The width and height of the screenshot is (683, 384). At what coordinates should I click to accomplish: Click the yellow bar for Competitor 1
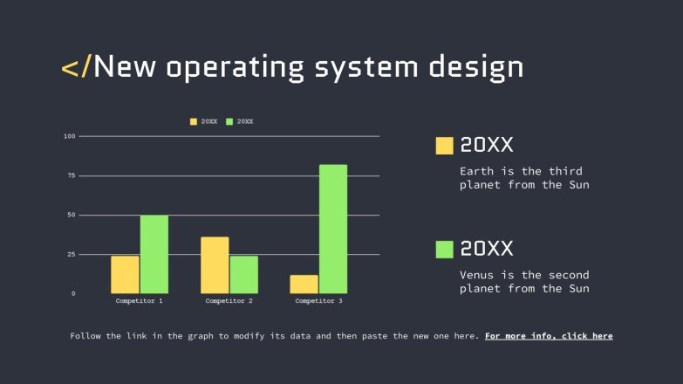125,274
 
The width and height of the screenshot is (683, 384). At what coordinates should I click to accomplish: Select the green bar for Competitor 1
154,254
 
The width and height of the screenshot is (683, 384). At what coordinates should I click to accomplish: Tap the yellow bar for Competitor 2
215,265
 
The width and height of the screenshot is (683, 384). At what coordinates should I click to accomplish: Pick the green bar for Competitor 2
244,274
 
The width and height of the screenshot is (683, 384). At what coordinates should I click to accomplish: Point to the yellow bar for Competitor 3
304,284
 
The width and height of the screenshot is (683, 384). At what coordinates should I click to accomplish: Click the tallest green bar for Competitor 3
333,229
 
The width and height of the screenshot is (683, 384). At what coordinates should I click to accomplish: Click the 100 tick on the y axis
70,136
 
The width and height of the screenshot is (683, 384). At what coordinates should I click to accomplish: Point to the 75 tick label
72,175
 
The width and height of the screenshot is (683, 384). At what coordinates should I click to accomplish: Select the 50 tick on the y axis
72,215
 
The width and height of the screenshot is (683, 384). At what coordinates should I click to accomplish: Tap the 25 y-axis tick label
72,254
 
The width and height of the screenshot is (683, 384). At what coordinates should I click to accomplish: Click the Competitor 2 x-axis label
229,301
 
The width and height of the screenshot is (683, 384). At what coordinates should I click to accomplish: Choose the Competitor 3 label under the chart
318,301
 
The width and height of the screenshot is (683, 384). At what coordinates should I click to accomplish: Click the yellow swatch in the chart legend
194,121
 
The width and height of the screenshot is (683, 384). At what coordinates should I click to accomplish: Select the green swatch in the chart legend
230,121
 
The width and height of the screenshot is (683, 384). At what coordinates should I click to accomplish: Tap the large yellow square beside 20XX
445,146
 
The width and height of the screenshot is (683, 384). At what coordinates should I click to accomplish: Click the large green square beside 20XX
445,250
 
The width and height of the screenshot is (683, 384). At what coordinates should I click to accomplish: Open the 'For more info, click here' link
549,336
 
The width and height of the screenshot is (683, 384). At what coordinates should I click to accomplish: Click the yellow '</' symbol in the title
75,66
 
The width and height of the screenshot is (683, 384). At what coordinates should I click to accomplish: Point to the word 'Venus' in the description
478,275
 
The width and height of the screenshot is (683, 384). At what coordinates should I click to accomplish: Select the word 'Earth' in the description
478,171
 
